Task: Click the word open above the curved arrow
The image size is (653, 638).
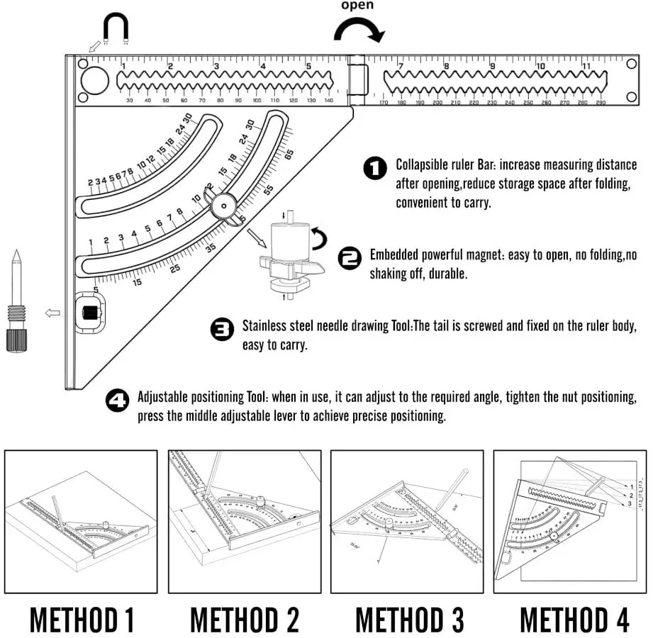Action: tap(357, 6)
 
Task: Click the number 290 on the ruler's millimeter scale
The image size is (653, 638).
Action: tap(600, 103)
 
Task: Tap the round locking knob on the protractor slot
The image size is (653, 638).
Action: tap(223, 205)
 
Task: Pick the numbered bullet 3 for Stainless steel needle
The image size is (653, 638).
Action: tap(222, 330)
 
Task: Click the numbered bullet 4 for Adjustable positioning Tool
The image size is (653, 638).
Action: tap(117, 401)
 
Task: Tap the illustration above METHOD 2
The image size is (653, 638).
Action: tap(244, 522)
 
